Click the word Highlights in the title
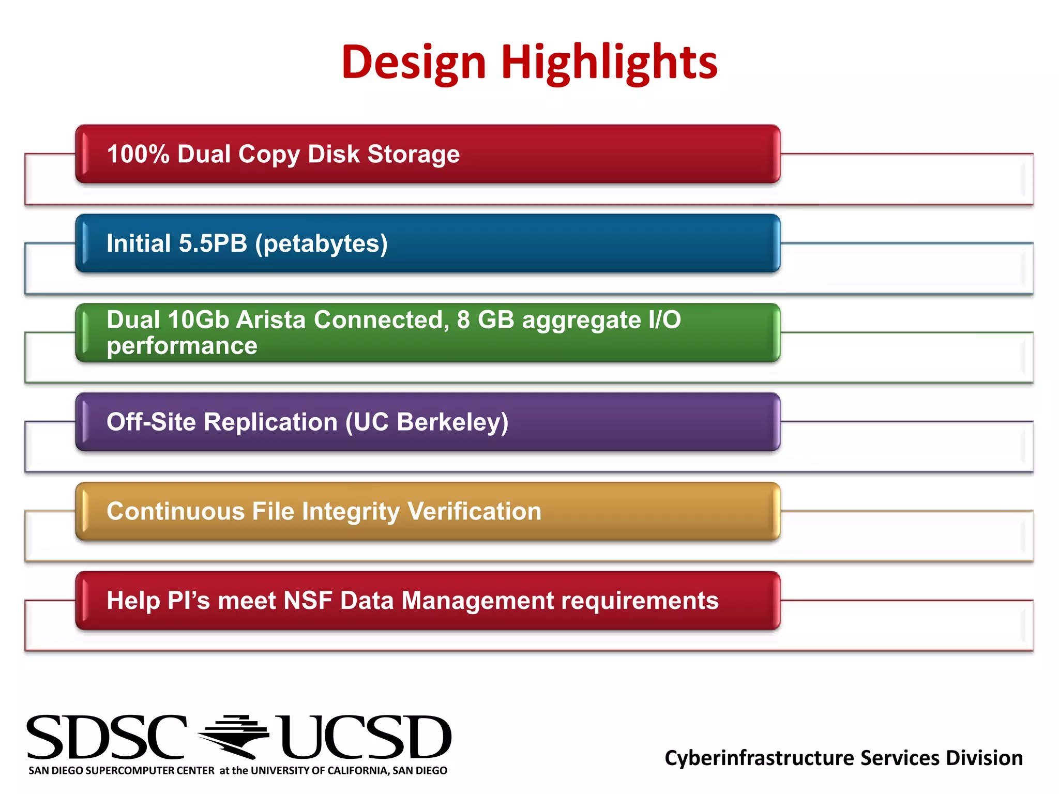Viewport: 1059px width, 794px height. (609, 62)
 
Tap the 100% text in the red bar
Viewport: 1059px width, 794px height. (138, 154)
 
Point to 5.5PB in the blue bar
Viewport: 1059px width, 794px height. (213, 243)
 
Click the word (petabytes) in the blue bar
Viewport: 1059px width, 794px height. (321, 244)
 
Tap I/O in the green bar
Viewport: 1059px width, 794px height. (664, 319)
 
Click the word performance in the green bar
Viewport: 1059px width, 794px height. (182, 346)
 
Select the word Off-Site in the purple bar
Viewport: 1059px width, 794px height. (151, 422)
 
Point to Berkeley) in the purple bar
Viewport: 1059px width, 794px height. (452, 422)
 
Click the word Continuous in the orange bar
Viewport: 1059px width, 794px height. (176, 511)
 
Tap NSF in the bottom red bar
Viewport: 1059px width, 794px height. (308, 601)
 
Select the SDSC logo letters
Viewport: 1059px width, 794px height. (106, 737)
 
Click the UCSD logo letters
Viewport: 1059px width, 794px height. (365, 737)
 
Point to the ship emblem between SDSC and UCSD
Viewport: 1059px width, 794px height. (234, 736)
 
